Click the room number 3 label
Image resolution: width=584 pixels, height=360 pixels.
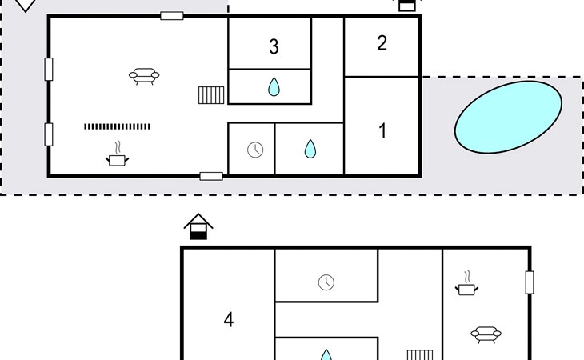(x=274, y=46)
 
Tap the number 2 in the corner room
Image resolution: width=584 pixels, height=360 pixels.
(x=382, y=43)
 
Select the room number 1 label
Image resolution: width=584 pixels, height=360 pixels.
(x=382, y=130)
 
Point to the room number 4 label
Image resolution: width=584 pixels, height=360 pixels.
(x=229, y=320)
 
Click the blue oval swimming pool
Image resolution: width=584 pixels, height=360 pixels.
(x=508, y=118)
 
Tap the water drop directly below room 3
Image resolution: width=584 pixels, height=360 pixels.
(x=274, y=86)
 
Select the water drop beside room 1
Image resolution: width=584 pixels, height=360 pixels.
(x=310, y=149)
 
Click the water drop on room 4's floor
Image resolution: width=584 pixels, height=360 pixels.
(x=326, y=354)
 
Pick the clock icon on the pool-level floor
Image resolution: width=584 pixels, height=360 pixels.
(x=255, y=150)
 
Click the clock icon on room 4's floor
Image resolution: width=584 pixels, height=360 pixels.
(x=326, y=282)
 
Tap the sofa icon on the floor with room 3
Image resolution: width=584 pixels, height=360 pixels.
(x=144, y=76)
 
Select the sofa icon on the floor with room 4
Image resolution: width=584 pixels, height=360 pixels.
(x=486, y=334)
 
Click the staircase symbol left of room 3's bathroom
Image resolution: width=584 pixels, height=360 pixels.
(x=211, y=95)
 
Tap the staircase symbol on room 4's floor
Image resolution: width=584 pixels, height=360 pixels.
(x=419, y=354)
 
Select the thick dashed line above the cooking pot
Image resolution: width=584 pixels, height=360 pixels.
(x=117, y=126)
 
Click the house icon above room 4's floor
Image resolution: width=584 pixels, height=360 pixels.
(x=198, y=226)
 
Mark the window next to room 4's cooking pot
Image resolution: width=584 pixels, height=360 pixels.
(x=529, y=282)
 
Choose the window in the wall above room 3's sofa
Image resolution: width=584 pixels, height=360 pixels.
(x=171, y=15)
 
